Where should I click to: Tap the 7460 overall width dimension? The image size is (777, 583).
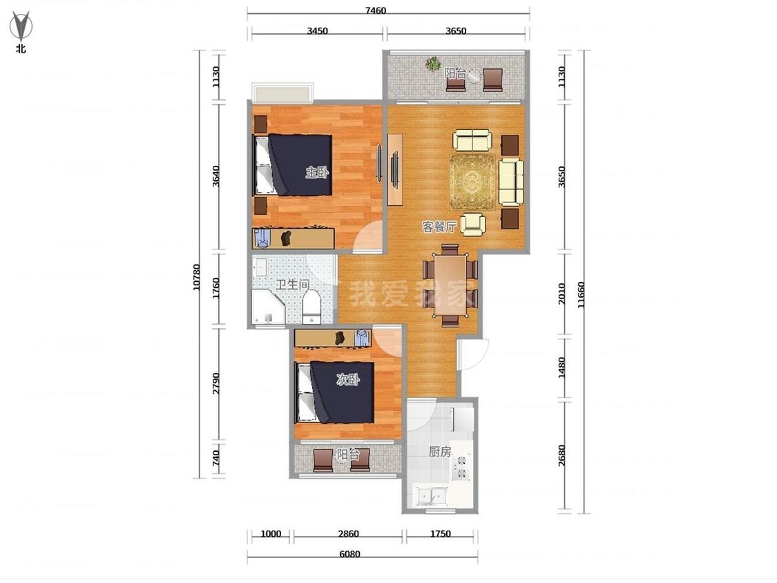[x=376, y=10]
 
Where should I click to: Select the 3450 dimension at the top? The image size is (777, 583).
[x=317, y=30]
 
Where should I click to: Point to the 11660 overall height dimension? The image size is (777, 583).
[x=581, y=295]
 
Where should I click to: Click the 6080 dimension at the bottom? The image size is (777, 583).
[x=350, y=554]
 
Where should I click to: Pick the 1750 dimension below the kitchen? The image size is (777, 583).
[x=440, y=534]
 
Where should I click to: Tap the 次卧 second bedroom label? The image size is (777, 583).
[x=348, y=380]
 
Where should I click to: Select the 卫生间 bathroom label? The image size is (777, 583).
[x=293, y=285]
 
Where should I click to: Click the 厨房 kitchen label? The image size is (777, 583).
[x=440, y=452]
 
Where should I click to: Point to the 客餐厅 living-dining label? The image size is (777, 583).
[x=439, y=227]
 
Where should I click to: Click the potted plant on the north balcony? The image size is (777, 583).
[x=434, y=64]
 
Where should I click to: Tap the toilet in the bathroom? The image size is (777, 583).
[x=311, y=307]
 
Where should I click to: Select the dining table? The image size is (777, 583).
[x=450, y=285]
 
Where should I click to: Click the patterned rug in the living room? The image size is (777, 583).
[x=472, y=182]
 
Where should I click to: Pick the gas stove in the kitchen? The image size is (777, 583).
[x=461, y=466]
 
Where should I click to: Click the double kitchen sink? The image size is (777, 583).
[x=432, y=496]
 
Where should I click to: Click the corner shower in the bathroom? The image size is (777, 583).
[x=267, y=308]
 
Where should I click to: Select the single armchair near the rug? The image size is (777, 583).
[x=472, y=224]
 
